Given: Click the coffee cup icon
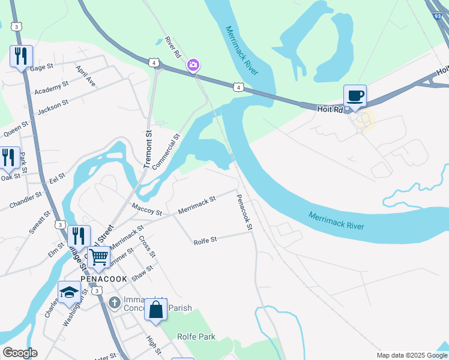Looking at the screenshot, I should pyautogui.click(x=355, y=95).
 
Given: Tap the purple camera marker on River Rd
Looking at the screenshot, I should pyautogui.click(x=193, y=65).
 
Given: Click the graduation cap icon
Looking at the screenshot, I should pyautogui.click(x=69, y=292).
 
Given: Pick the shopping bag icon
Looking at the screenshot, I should pyautogui.click(x=156, y=310).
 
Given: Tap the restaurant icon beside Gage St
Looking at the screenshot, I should pyautogui.click(x=21, y=57).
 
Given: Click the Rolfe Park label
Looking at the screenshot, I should pyautogui.click(x=196, y=337).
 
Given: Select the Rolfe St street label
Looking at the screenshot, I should pyautogui.click(x=205, y=241).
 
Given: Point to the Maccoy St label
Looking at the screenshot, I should pyautogui.click(x=146, y=209).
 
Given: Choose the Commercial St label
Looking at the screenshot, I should pyautogui.click(x=166, y=152).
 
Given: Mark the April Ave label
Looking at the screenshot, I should pyautogui.click(x=85, y=76).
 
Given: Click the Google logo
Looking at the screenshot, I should pyautogui.click(x=19, y=353).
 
